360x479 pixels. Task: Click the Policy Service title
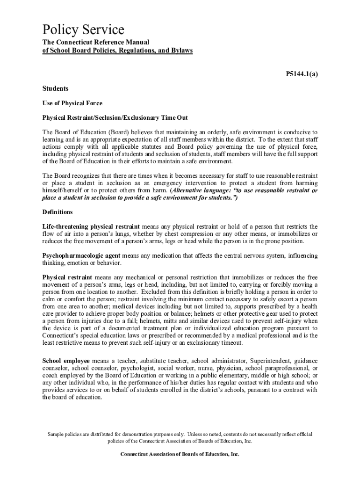pos(83,30)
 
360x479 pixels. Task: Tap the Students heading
pos(55,88)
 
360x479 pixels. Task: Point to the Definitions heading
pos(58,212)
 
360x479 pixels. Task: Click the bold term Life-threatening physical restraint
pos(94,226)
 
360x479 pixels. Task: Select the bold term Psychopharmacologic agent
pos(81,256)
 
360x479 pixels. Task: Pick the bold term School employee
pos(67,361)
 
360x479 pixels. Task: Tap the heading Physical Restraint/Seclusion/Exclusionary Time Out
pos(115,117)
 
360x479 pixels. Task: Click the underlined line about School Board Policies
pos(117,50)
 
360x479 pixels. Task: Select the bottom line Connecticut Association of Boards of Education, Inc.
pos(180,454)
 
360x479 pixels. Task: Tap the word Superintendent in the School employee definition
pos(270,361)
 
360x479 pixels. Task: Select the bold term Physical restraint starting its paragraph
pos(67,277)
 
